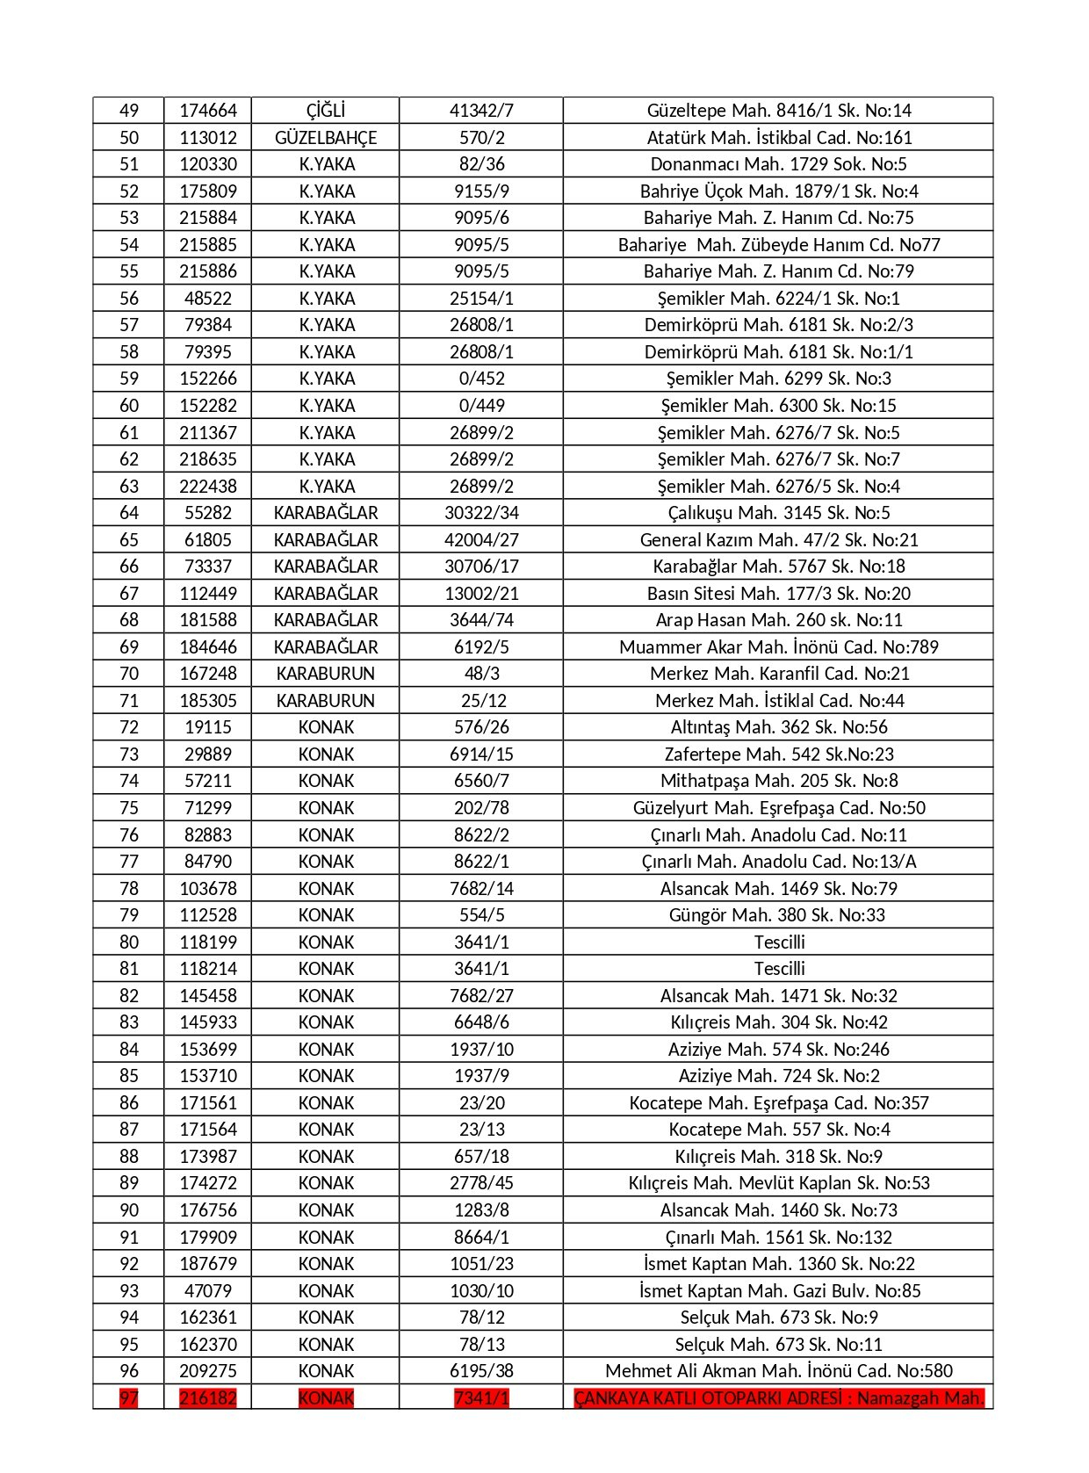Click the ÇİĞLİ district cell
pos(325,111)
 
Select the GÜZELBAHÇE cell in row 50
pos(325,138)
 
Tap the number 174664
pos(208,111)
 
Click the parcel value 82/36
pos(481,164)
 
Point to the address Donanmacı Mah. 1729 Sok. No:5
pos(778,164)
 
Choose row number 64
pos(129,513)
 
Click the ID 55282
pos(208,513)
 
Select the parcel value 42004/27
pos(481,540)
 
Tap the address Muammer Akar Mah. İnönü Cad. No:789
pos(778,647)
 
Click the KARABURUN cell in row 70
pos(325,674)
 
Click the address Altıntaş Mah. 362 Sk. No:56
pos(778,727)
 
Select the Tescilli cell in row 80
pos(778,942)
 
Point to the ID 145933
pos(208,1022)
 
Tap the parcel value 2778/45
pos(481,1183)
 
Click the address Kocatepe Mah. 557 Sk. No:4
pos(778,1130)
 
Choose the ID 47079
pos(208,1291)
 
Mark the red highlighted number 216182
pos(208,1398)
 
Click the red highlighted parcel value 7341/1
pos(481,1398)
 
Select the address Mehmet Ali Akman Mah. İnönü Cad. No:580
pos(778,1371)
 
